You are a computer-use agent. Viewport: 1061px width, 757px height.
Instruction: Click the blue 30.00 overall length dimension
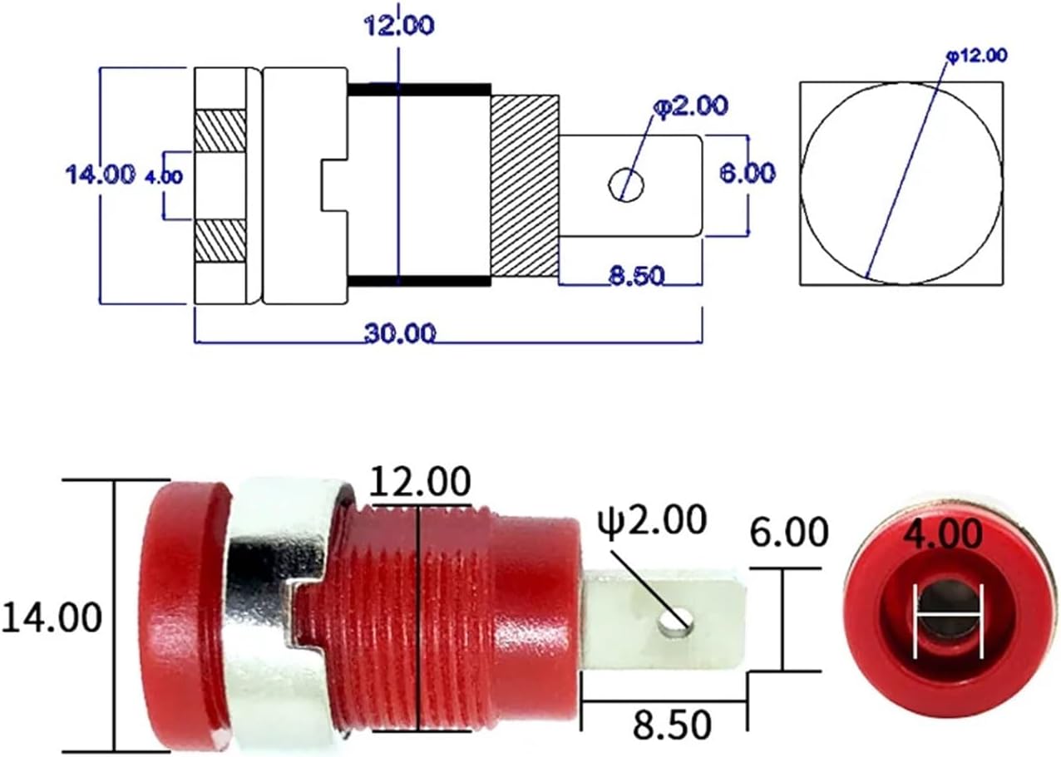click(x=399, y=333)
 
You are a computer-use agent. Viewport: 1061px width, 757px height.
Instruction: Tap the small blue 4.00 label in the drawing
click(x=164, y=175)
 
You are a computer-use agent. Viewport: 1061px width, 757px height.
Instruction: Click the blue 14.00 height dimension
click(x=100, y=174)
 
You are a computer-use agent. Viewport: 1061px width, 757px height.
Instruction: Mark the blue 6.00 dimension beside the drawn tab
click(x=746, y=172)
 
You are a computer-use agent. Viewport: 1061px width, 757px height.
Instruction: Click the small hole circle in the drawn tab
click(x=627, y=183)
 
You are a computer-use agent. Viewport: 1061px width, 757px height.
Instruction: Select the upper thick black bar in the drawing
click(x=418, y=89)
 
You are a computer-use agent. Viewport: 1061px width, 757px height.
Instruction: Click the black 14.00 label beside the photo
click(x=52, y=617)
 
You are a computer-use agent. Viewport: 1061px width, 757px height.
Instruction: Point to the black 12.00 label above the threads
click(x=420, y=481)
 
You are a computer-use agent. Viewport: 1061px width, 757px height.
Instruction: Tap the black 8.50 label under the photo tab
click(x=672, y=725)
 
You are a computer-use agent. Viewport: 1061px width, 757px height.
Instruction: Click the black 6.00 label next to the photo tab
click(x=788, y=531)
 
